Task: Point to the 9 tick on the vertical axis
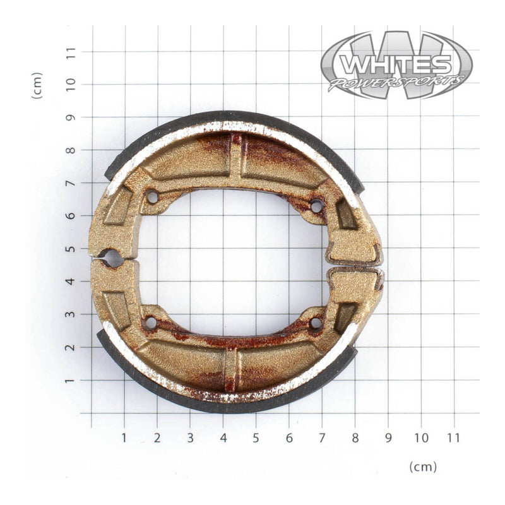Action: [71, 117]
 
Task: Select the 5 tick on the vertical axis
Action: [71, 249]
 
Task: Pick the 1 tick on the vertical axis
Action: [71, 381]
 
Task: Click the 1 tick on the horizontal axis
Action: [124, 437]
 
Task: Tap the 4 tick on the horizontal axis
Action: [223, 437]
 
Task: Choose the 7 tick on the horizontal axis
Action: [322, 437]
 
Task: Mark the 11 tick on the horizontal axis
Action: [453, 437]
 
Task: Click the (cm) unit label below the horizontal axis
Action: [423, 466]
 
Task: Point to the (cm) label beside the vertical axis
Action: [37, 85]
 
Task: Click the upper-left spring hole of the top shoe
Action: [151, 197]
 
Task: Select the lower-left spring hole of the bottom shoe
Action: [150, 323]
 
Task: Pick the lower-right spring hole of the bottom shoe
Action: [316, 323]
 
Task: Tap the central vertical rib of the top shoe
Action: [235, 158]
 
